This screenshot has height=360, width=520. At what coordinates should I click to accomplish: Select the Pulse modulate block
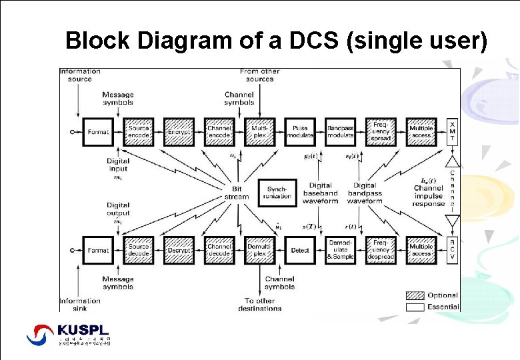click(300, 132)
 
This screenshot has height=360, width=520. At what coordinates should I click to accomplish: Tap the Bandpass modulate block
click(340, 132)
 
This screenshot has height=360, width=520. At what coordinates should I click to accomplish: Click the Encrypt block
click(179, 132)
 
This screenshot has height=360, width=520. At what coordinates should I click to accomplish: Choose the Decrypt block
click(179, 251)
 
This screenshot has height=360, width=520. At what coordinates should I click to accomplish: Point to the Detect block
click(300, 251)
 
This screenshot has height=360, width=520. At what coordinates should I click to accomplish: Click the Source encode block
click(139, 132)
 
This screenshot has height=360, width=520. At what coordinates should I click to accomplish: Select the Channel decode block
click(219, 251)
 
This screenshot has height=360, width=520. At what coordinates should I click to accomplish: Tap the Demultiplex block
click(260, 251)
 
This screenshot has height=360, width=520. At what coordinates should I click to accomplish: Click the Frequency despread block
click(381, 251)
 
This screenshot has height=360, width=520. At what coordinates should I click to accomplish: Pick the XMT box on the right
click(453, 132)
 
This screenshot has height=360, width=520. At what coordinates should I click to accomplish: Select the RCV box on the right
click(453, 251)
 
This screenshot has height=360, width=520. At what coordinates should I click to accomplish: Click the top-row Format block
click(98, 132)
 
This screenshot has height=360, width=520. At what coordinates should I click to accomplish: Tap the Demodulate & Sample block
click(340, 251)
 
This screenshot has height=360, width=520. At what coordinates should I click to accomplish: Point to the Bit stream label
click(237, 193)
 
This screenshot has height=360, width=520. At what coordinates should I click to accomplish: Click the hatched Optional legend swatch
click(415, 295)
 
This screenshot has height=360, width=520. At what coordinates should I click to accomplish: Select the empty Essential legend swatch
click(415, 307)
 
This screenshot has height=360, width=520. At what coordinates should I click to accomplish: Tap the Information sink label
click(79, 304)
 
